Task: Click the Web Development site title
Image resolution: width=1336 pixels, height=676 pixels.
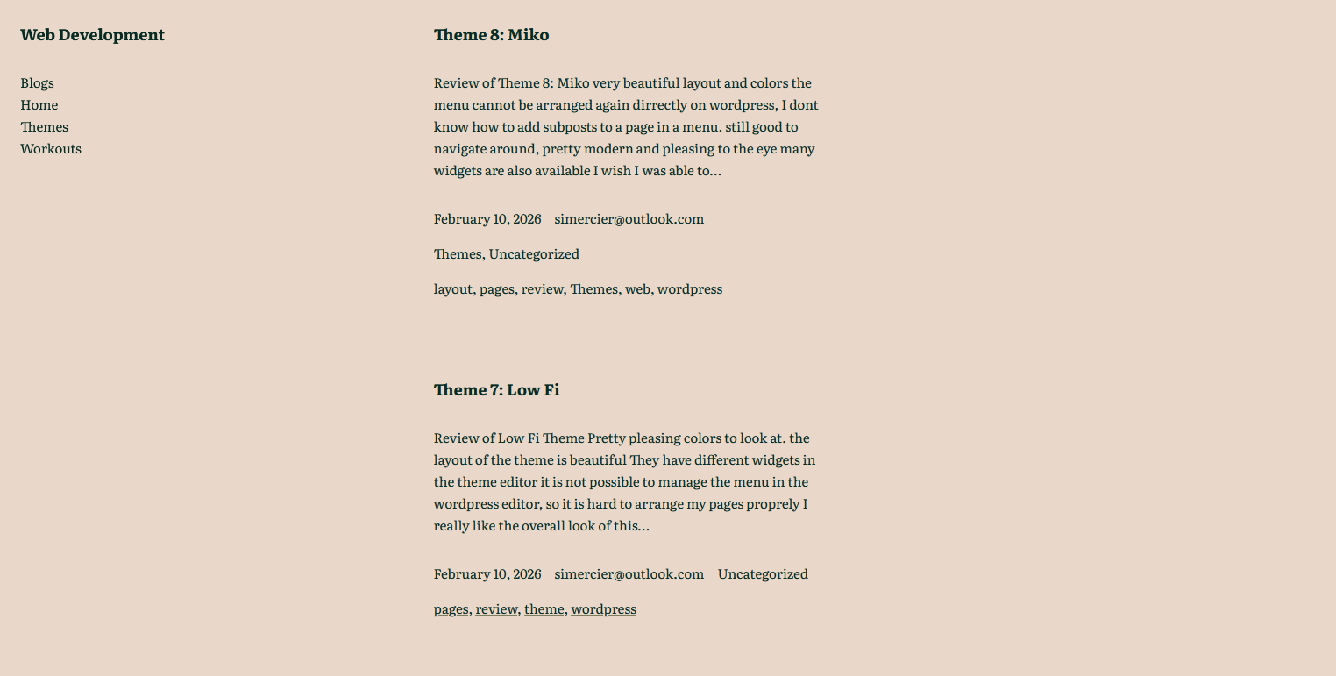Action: (x=92, y=35)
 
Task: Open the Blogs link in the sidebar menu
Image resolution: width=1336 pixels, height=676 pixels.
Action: (x=37, y=83)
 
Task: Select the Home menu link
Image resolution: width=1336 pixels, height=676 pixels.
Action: (x=39, y=105)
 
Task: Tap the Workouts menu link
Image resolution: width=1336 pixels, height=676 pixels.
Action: (x=51, y=149)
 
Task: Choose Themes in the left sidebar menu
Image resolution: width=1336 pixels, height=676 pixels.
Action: (x=44, y=127)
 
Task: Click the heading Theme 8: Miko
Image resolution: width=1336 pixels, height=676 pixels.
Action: (x=491, y=35)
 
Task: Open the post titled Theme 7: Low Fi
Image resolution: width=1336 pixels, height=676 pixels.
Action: (x=496, y=390)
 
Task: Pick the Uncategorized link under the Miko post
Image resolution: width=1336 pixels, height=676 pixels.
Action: (x=534, y=254)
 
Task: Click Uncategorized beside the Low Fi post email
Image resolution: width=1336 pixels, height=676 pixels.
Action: (x=763, y=574)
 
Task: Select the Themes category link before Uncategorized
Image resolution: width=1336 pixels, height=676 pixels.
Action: (x=458, y=254)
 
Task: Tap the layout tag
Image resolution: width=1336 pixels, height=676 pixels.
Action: (x=452, y=289)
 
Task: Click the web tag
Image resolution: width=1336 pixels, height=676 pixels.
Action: (x=637, y=289)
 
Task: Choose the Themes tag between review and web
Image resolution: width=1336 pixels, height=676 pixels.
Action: (x=593, y=289)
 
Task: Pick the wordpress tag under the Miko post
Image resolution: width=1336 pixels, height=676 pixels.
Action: (x=690, y=289)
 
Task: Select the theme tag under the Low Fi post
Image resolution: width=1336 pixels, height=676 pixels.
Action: (x=544, y=609)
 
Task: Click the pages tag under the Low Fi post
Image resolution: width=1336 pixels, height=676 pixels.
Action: (x=451, y=609)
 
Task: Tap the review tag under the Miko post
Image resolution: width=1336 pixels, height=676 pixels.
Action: (x=542, y=289)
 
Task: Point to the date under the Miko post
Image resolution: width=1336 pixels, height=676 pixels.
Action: (x=487, y=219)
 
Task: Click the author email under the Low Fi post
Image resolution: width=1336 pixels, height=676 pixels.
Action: (x=629, y=574)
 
